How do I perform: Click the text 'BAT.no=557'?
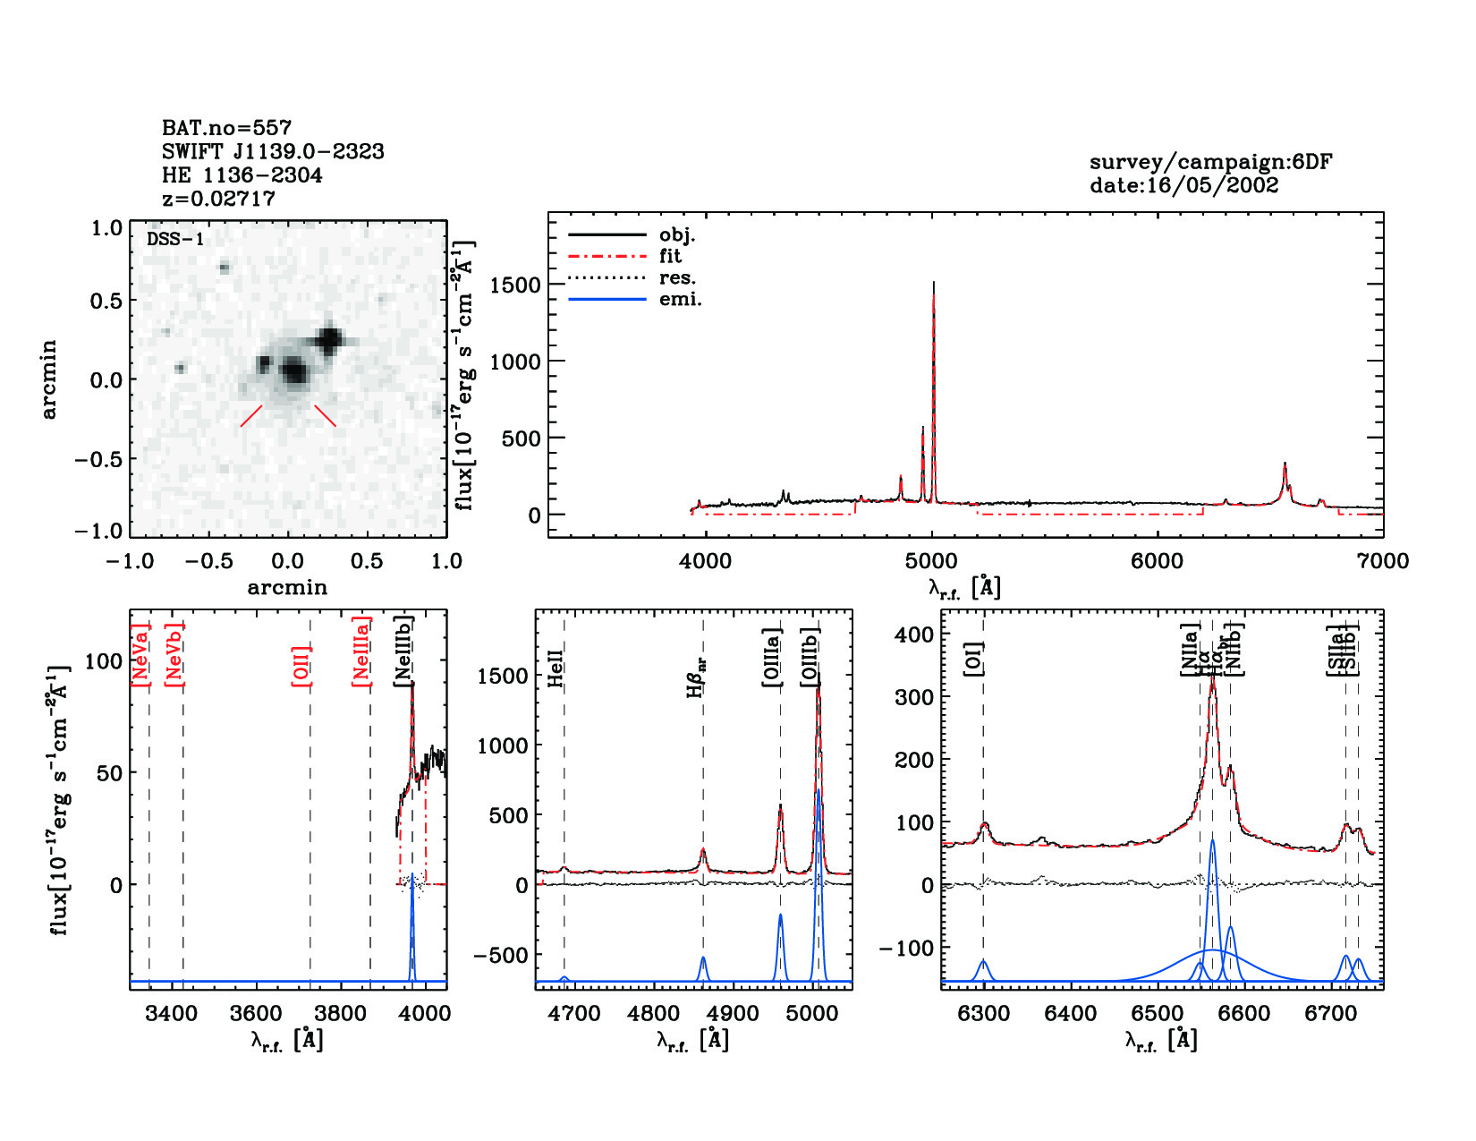tap(226, 128)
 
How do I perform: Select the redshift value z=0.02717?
tap(218, 199)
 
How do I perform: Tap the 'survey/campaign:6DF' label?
tap(1210, 162)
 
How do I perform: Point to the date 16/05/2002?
tap(1183, 185)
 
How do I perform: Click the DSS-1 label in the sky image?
tap(175, 239)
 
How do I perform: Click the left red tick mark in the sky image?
tap(251, 416)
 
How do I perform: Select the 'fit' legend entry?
tap(670, 256)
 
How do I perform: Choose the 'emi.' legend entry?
tap(680, 299)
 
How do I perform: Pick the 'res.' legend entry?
tap(677, 277)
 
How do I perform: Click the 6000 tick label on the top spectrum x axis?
tap(1158, 561)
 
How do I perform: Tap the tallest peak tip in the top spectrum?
tap(933, 283)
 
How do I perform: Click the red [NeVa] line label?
tap(140, 655)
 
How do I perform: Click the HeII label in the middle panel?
tap(556, 668)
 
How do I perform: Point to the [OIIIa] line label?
tap(772, 658)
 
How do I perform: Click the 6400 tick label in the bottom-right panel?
tap(1071, 1013)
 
